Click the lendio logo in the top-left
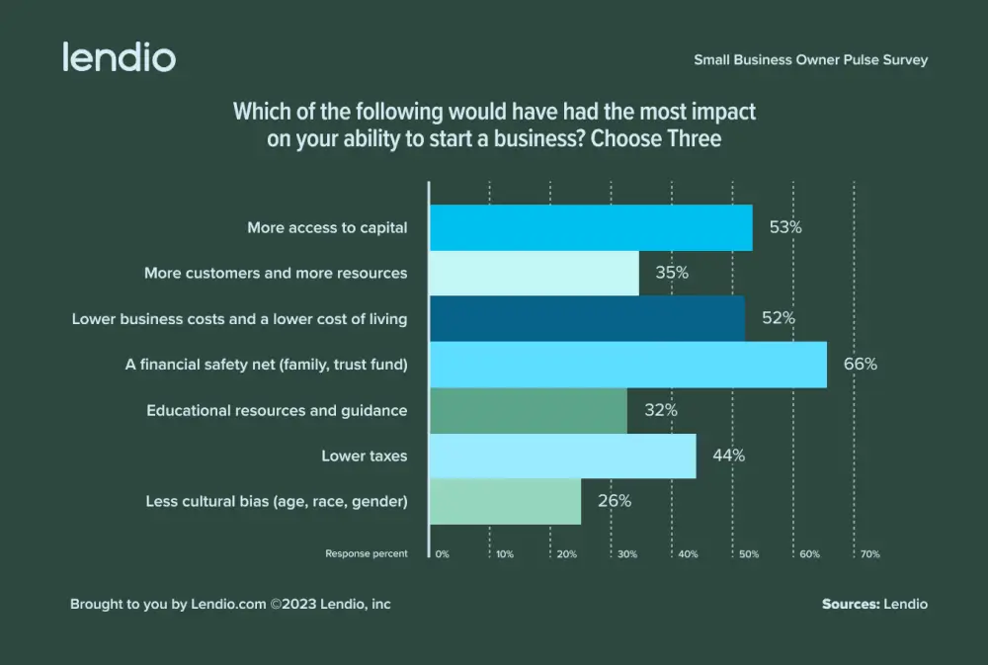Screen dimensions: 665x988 119,56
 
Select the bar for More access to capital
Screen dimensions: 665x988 591,227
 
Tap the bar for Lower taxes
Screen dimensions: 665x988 563,456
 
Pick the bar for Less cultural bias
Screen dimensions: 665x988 506,501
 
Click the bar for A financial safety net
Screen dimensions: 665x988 628,365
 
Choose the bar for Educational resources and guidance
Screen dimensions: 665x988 529,410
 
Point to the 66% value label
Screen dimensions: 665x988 860,364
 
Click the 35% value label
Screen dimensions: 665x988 672,273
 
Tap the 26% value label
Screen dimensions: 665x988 614,501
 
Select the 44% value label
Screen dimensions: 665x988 728,456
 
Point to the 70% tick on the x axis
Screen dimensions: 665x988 869,554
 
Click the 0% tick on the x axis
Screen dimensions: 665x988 442,554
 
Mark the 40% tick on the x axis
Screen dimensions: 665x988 688,554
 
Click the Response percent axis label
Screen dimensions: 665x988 367,554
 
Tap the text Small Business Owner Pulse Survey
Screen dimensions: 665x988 810,60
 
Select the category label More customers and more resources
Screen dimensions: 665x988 276,273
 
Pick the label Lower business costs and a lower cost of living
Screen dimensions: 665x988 239,319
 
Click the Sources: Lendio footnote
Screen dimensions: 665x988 874,604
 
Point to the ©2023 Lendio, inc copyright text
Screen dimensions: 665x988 331,604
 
